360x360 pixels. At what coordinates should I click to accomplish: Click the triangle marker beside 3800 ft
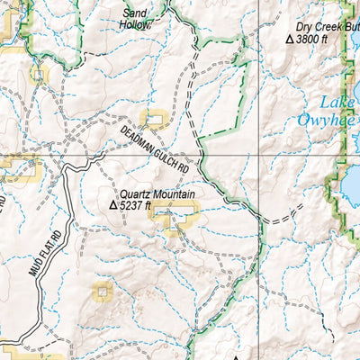[289, 40]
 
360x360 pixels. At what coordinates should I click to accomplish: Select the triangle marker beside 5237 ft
[113, 205]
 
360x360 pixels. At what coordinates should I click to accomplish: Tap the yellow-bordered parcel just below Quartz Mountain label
[175, 216]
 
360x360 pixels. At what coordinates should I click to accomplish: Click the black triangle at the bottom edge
[237, 356]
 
